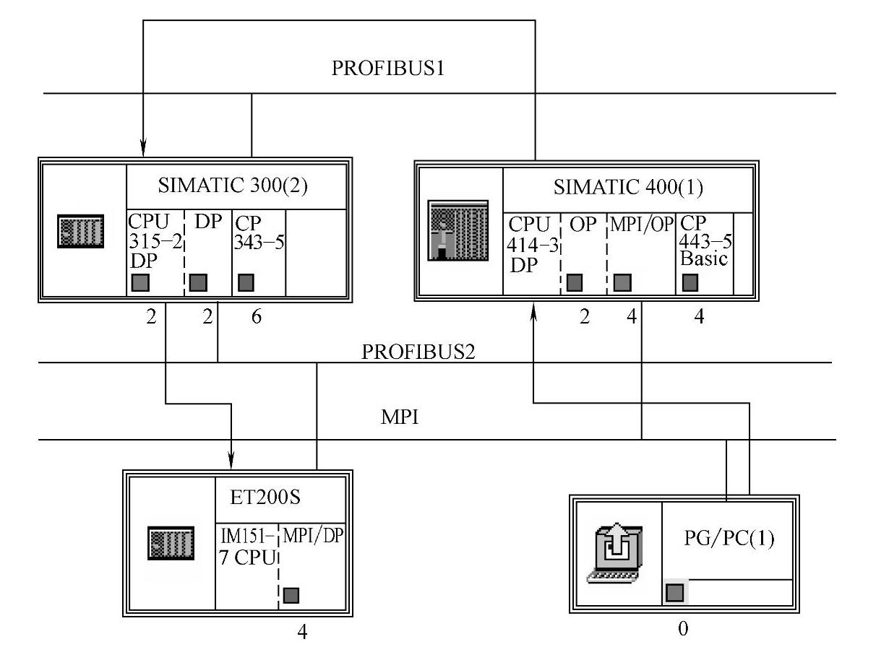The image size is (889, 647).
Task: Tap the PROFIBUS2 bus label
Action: (418, 352)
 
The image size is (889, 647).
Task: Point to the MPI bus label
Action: (400, 418)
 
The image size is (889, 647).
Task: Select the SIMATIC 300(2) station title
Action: (233, 186)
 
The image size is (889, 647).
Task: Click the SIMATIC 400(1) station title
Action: (628, 187)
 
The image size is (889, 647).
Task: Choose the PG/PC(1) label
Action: (729, 539)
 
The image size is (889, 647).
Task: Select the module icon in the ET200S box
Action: (171, 542)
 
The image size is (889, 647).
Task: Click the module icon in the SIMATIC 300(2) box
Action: (80, 231)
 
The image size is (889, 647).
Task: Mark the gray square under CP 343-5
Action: (246, 282)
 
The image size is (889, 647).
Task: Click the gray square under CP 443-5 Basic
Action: (690, 282)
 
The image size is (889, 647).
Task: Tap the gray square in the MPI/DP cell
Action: (291, 595)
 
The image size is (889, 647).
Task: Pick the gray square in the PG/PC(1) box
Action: (674, 593)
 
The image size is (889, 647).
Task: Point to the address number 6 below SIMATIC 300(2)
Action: (257, 317)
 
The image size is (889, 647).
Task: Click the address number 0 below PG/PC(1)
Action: (683, 629)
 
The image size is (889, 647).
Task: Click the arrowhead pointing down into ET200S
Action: (231, 459)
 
